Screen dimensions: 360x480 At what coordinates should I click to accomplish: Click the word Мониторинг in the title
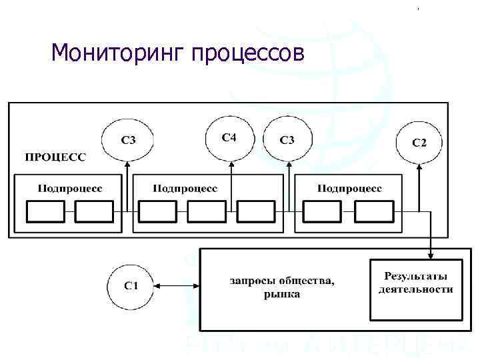(117, 53)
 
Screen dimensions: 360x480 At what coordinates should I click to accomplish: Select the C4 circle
(229, 138)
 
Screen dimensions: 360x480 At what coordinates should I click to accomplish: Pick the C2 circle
(419, 142)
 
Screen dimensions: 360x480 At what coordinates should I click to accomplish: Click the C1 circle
(131, 286)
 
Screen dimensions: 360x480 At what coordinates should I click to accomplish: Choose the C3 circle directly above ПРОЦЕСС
(129, 141)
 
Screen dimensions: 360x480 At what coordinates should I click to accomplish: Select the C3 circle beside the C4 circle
(287, 140)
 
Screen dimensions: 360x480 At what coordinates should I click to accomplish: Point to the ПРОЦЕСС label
(55, 157)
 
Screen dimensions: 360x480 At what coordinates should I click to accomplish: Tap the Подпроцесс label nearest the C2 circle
(349, 189)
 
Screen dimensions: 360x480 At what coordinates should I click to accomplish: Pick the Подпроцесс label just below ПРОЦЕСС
(69, 189)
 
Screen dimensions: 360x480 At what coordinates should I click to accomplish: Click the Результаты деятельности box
(415, 288)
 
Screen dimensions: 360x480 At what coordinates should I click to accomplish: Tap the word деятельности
(415, 289)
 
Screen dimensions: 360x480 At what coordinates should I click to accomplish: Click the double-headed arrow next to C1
(177, 286)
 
